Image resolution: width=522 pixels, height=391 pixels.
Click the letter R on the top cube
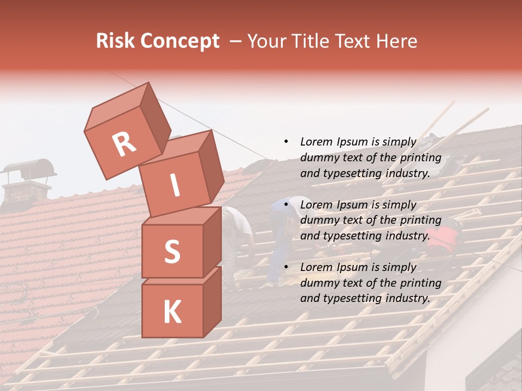[125, 144]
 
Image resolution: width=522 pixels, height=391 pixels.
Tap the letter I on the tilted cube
[175, 186]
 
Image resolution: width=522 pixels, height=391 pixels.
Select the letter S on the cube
[172, 251]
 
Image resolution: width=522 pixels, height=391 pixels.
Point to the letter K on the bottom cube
[172, 312]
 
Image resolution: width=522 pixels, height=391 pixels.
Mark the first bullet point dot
[286, 142]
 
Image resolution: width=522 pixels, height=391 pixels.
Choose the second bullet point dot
[286, 205]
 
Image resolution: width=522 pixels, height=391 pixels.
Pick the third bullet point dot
[286, 267]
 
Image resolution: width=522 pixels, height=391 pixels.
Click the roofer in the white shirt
[239, 234]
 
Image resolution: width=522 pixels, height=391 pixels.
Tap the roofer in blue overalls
[283, 234]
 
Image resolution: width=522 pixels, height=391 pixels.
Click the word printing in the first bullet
[420, 157]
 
